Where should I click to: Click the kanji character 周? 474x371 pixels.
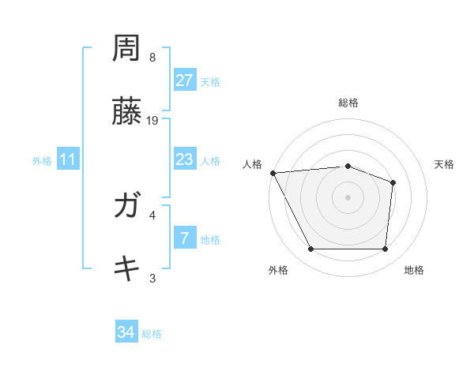[126, 50]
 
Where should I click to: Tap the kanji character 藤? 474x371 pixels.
[126, 112]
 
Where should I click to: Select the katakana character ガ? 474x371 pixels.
[126, 207]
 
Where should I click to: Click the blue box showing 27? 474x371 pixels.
[184, 81]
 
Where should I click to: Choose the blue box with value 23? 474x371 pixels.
[184, 159]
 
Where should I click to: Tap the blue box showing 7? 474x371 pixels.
[184, 238]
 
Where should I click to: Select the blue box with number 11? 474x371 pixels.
[68, 159]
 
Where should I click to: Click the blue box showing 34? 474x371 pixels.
[126, 333]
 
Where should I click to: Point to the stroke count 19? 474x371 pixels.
[153, 120]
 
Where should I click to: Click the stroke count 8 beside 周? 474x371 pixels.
[152, 58]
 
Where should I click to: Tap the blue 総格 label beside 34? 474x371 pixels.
[152, 334]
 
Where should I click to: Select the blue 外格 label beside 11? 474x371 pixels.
[42, 160]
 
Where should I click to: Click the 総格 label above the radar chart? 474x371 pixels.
[348, 103]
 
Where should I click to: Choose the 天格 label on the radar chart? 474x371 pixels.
[444, 164]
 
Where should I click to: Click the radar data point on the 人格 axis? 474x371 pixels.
[273, 173]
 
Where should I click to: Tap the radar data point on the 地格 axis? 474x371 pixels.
[385, 249]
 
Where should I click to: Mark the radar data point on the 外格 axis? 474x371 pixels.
[310, 249]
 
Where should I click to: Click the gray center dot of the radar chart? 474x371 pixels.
[348, 197]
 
